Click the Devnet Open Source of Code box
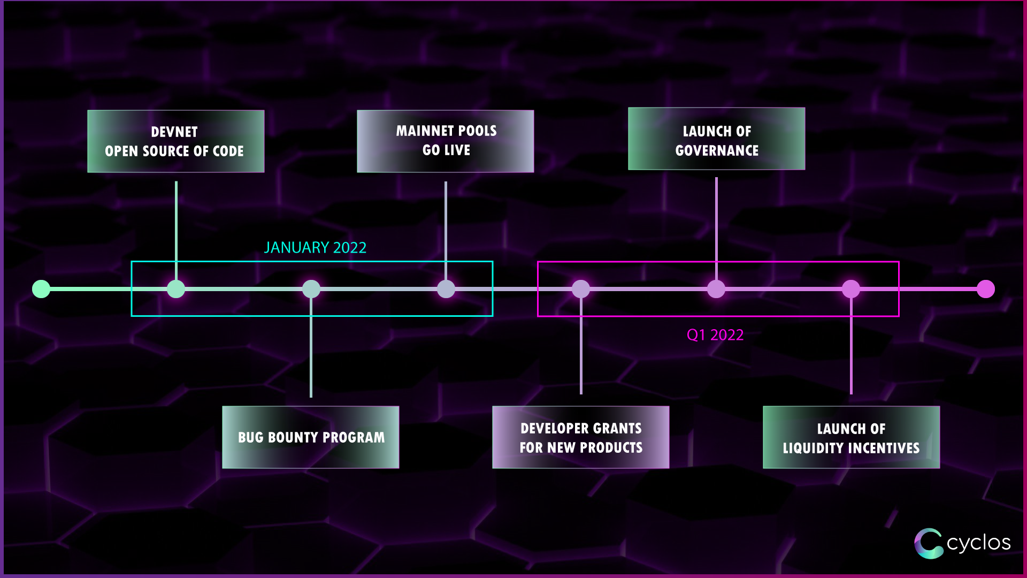(175, 141)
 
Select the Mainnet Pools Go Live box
(445, 141)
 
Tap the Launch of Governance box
(716, 139)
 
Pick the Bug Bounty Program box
(310, 437)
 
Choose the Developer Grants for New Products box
(580, 437)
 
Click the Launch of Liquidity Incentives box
(851, 437)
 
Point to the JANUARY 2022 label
(315, 248)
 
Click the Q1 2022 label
(715, 335)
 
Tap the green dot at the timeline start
(41, 289)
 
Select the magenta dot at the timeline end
(986, 289)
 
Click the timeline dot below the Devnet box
(176, 289)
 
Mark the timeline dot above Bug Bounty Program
(311, 289)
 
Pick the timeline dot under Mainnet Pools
(446, 289)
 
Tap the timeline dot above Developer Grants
(581, 289)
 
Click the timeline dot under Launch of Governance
(716, 289)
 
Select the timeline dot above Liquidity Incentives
(851, 289)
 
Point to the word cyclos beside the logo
(978, 543)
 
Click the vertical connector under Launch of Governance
(716, 219)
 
